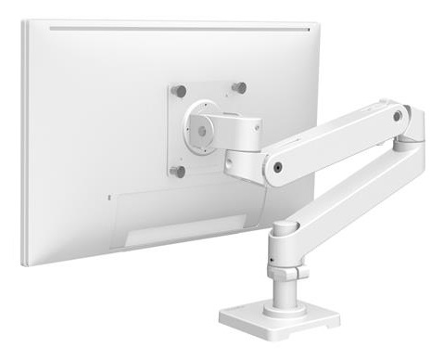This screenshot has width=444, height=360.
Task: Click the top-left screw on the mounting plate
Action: click(x=180, y=91)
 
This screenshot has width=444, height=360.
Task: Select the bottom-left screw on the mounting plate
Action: click(x=179, y=171)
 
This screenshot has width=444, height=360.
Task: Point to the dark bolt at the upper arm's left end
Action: click(x=277, y=168)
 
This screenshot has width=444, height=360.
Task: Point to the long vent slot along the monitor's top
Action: click(x=167, y=27)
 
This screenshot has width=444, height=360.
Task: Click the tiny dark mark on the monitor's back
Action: click(x=108, y=198)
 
